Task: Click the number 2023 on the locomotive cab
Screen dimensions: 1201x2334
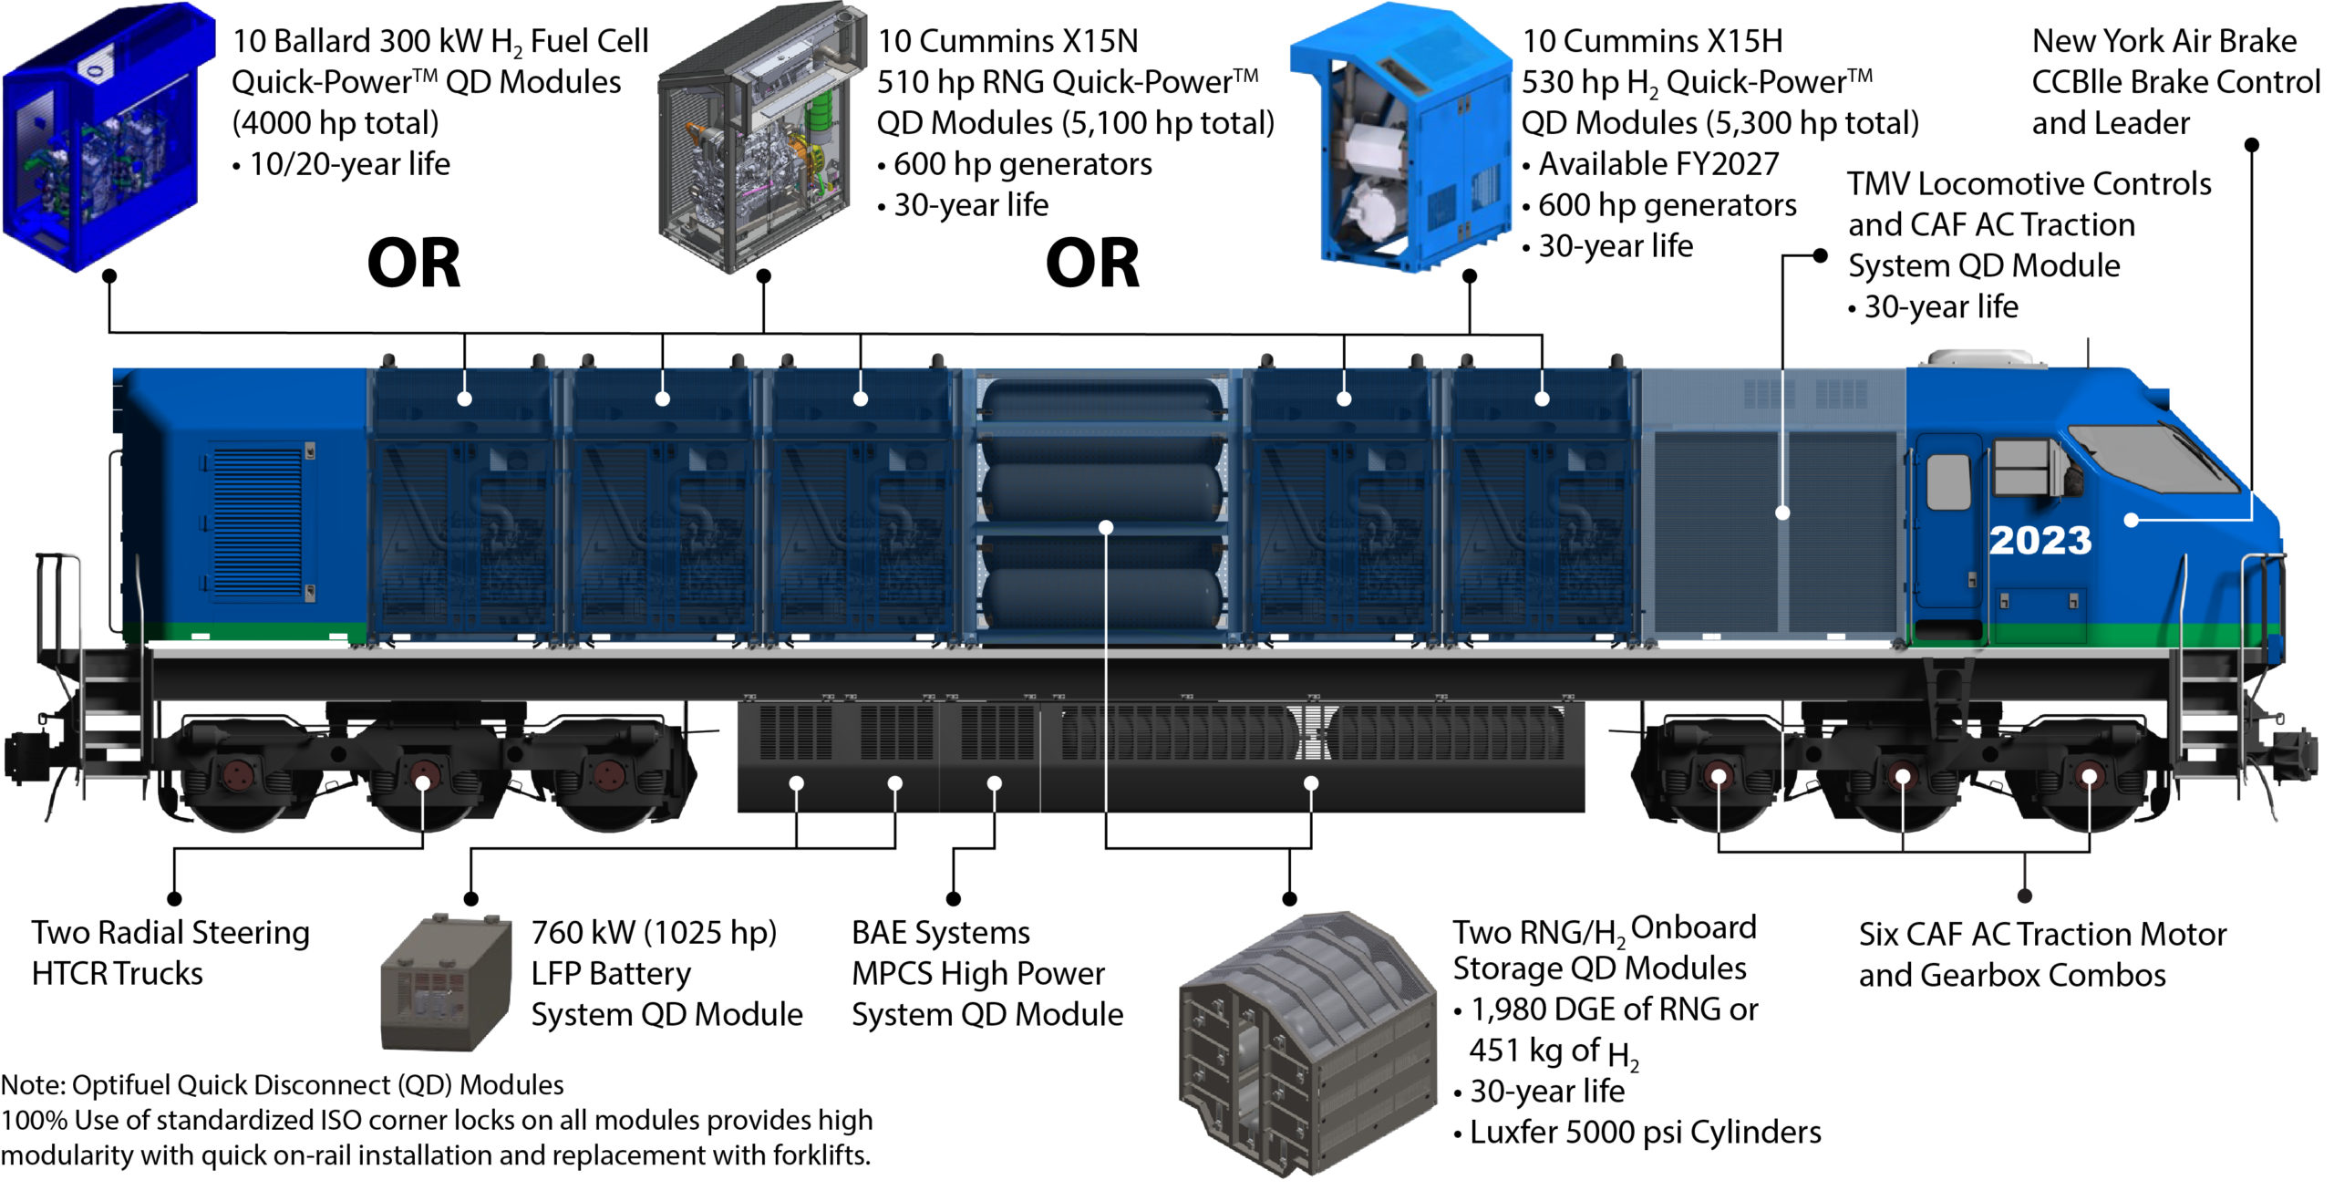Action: point(2040,540)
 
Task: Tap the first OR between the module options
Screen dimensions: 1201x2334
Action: point(413,264)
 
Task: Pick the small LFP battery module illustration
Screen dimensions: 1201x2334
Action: point(447,983)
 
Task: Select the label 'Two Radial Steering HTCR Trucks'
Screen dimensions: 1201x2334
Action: point(170,953)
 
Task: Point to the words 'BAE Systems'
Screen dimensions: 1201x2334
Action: point(940,933)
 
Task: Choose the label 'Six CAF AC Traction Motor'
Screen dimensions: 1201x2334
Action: point(2042,935)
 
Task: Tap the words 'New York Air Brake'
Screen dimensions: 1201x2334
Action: point(2164,41)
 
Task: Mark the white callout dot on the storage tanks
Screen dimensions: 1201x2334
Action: point(1106,527)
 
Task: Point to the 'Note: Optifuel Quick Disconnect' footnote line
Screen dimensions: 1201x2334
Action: point(282,1085)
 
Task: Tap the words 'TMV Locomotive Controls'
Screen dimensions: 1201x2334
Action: point(2029,184)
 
